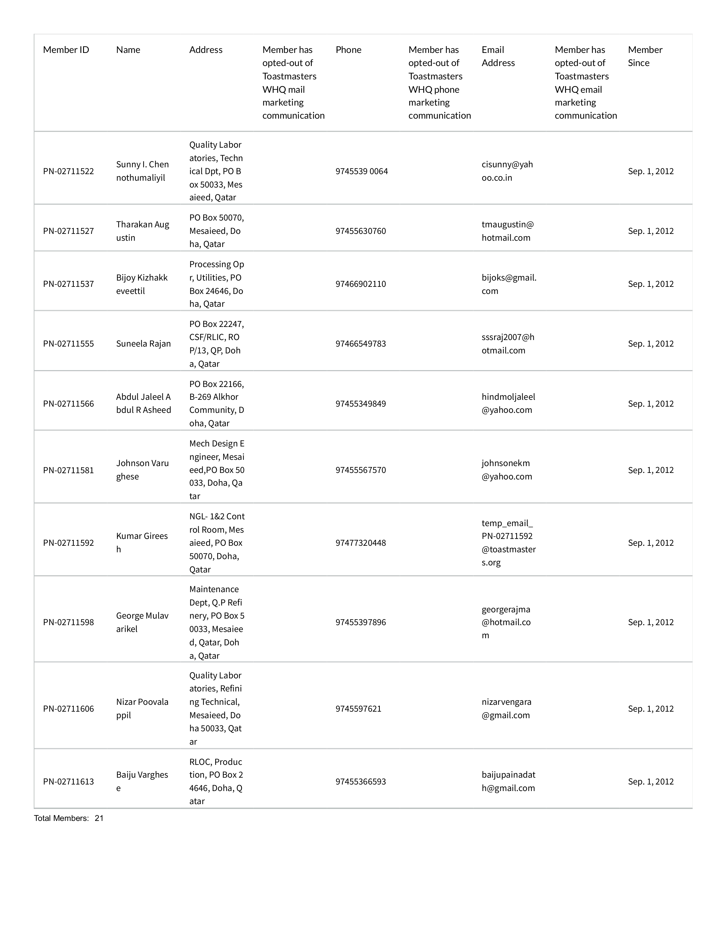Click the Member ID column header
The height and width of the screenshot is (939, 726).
(66, 50)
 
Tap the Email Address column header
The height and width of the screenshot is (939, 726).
(498, 56)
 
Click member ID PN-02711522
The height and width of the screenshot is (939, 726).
(68, 171)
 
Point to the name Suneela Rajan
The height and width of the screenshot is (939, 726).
(143, 343)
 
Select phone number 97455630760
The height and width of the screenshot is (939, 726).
(360, 231)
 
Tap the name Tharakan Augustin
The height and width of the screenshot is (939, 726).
(142, 231)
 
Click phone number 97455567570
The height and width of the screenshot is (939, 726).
(360, 470)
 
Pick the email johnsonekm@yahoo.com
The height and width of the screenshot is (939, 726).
(507, 470)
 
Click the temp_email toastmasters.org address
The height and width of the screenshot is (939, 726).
(508, 543)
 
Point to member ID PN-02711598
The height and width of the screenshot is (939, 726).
(68, 622)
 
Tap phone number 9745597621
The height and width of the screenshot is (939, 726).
(358, 709)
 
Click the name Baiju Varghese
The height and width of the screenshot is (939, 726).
(142, 781)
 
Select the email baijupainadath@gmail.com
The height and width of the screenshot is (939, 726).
(508, 781)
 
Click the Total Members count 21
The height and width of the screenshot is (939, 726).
(99, 818)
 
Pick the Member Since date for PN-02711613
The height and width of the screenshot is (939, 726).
(650, 781)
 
